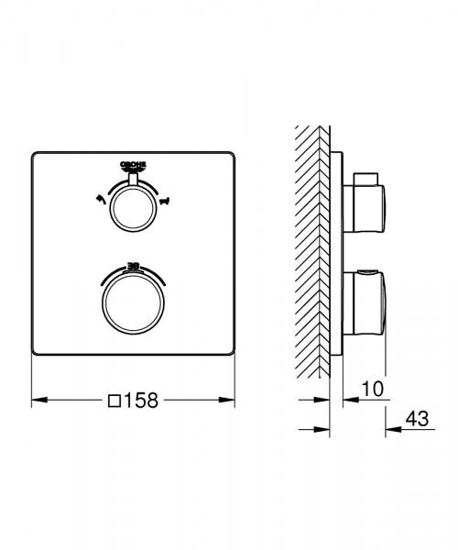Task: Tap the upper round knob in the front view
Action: tap(134, 212)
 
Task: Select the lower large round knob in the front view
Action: tap(134, 304)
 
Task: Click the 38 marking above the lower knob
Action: tap(134, 264)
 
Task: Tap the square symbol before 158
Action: tap(114, 400)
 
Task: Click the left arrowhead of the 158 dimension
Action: tap(37, 400)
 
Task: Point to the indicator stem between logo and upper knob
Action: tap(134, 181)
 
